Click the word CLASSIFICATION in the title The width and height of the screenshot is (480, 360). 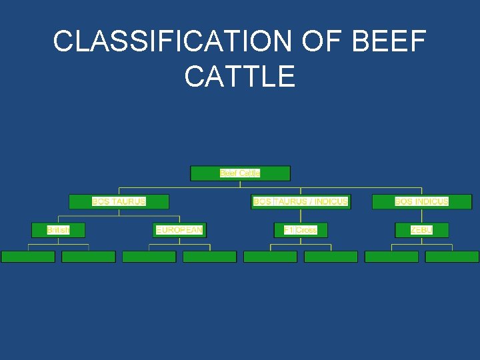click(172, 42)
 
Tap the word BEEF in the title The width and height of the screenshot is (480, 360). click(388, 42)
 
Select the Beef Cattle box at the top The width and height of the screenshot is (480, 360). click(240, 173)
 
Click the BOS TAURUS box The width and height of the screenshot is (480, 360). click(119, 201)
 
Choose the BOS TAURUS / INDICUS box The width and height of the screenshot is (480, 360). click(301, 201)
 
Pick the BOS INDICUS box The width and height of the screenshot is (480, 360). click(421, 201)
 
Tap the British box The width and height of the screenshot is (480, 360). click(58, 230)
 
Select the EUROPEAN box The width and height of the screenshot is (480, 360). click(179, 230)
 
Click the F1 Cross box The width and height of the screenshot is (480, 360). click(301, 230)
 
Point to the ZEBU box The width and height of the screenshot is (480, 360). click(421, 230)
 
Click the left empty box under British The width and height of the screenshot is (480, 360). click(28, 257)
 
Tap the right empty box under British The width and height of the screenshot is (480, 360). click(89, 257)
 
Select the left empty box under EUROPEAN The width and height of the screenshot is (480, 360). click(149, 257)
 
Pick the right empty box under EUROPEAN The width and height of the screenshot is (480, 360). click(210, 257)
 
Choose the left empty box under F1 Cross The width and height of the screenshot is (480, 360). click(270, 257)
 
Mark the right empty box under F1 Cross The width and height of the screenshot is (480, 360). click(331, 257)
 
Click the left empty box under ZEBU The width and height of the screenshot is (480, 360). click(391, 257)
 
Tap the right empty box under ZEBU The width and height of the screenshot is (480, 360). click(452, 257)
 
